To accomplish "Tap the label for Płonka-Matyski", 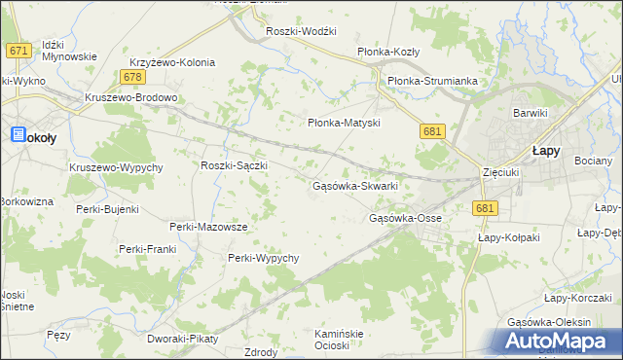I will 343,124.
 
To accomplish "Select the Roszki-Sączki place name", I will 234,165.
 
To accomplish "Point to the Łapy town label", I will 544,151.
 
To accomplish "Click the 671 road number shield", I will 17,50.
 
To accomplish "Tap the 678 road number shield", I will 134,76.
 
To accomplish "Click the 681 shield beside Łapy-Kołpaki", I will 487,208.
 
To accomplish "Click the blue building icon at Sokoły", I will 18,136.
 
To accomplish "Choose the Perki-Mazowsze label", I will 208,227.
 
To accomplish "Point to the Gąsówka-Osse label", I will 405,218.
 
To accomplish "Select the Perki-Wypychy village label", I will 263,258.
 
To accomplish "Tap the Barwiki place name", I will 531,113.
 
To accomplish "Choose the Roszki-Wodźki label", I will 301,31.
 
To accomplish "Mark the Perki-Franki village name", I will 147,249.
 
